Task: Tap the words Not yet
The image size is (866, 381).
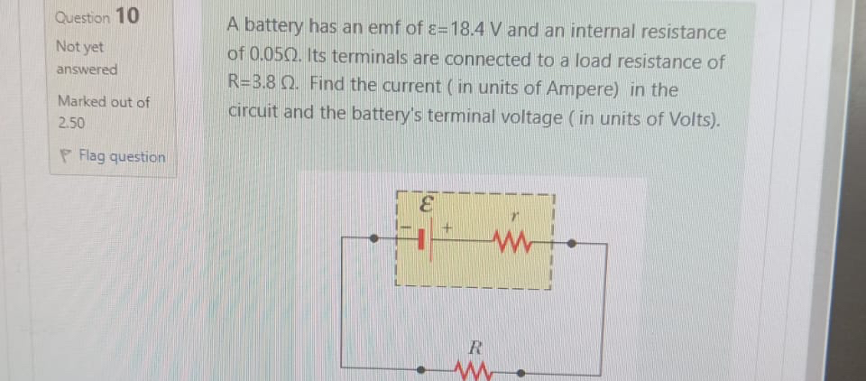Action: (x=79, y=46)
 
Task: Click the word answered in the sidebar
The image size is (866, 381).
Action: (x=87, y=70)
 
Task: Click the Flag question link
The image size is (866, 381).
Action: (x=122, y=157)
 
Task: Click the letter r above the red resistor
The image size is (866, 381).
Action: (x=514, y=218)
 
